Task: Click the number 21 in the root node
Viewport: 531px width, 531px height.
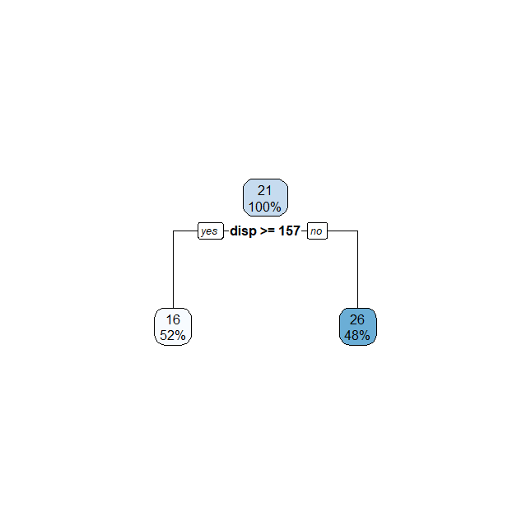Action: click(264, 190)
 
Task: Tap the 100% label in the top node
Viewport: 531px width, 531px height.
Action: click(264, 206)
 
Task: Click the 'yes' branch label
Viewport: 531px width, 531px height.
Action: click(210, 231)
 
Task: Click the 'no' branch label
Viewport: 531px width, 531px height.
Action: click(317, 231)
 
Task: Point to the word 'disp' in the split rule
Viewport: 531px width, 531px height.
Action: click(244, 231)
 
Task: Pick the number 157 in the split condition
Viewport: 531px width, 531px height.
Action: click(289, 231)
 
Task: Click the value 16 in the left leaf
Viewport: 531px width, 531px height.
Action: click(173, 319)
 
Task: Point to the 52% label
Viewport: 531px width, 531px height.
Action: click(173, 335)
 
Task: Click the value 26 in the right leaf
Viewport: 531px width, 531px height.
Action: click(357, 319)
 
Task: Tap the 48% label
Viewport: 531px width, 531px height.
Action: click(357, 335)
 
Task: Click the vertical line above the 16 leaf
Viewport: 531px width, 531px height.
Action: click(173, 272)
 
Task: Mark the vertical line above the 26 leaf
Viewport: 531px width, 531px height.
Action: click(357, 272)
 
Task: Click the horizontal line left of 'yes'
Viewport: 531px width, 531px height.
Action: click(185, 231)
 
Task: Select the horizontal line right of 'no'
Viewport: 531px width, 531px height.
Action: click(342, 231)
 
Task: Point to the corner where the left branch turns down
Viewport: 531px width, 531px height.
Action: click(173, 231)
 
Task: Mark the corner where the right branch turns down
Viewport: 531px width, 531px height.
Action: click(357, 231)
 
